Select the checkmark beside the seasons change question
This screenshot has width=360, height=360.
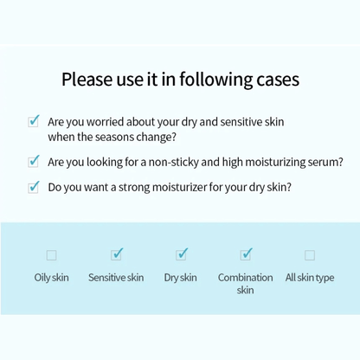[x=34, y=122]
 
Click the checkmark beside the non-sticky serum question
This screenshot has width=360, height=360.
[x=34, y=161]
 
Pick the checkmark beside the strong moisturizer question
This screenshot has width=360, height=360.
[x=34, y=186]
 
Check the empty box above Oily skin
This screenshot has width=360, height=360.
[x=51, y=255]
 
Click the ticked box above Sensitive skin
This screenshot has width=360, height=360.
[x=116, y=254]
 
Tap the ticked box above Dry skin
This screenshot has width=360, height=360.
[x=181, y=254]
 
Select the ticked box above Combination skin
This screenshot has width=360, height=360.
[x=246, y=254]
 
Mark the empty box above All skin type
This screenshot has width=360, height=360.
[x=310, y=255]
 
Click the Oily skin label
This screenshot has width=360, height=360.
[x=51, y=278]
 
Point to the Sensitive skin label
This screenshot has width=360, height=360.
[x=116, y=278]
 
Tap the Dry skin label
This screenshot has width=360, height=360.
[x=181, y=278]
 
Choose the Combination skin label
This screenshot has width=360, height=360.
[x=246, y=284]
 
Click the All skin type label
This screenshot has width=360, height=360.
[x=310, y=278]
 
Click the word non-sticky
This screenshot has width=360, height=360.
[x=190, y=162]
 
